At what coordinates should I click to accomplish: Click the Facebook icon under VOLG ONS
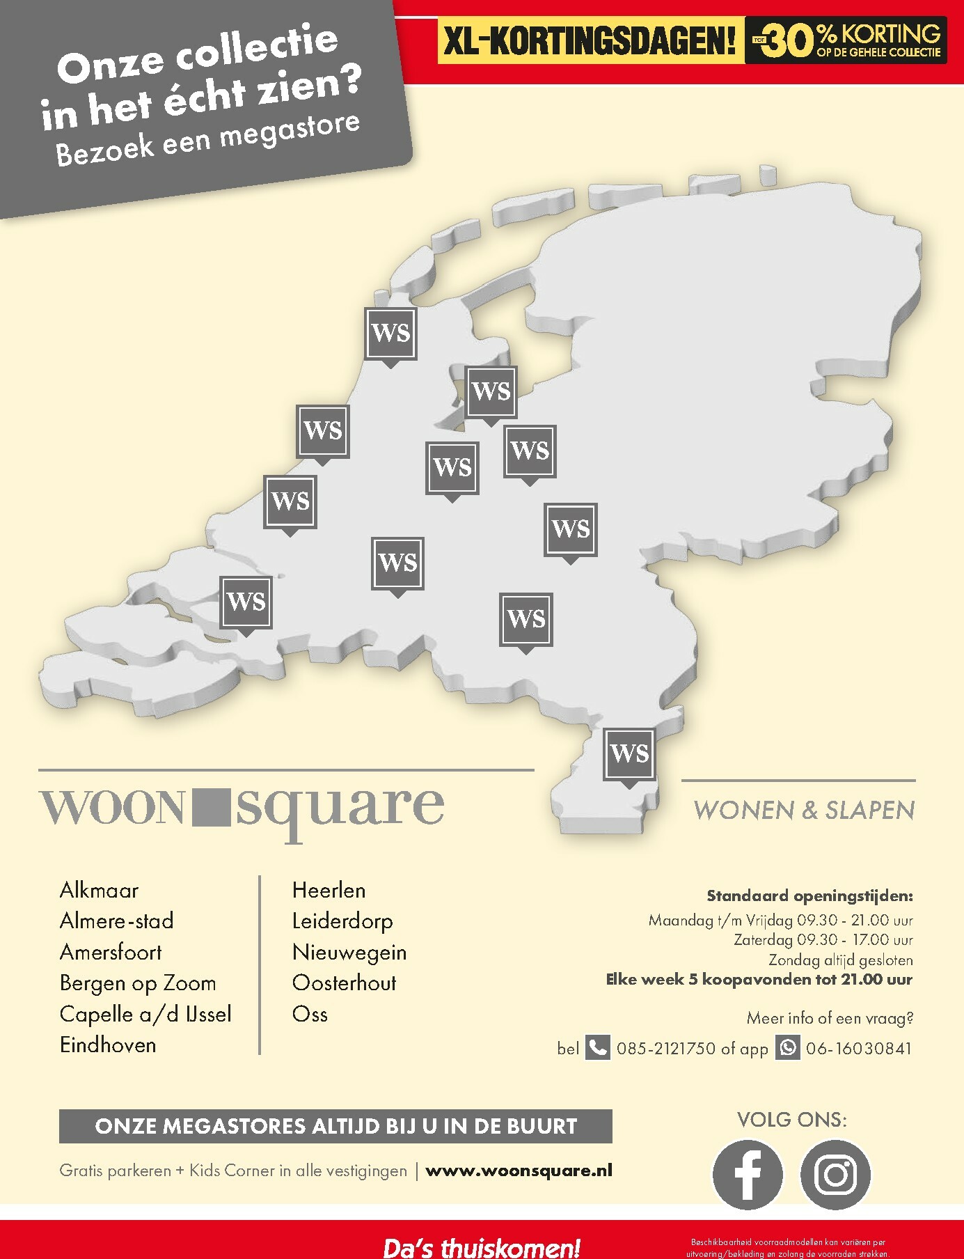(x=748, y=1174)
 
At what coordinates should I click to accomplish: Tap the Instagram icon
(x=835, y=1174)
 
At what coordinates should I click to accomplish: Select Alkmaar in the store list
(x=99, y=890)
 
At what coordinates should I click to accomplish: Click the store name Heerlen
(x=329, y=890)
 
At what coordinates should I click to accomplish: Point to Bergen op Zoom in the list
(x=138, y=983)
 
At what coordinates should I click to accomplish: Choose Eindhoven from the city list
(x=108, y=1045)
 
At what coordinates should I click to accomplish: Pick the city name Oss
(x=310, y=1014)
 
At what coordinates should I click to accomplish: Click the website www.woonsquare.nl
(x=519, y=1171)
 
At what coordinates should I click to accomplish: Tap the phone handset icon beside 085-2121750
(x=597, y=1047)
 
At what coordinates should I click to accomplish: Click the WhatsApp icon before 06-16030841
(x=788, y=1047)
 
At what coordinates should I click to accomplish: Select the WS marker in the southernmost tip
(x=630, y=754)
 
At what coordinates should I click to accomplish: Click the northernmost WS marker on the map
(x=391, y=334)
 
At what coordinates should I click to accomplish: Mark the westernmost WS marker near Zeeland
(x=246, y=602)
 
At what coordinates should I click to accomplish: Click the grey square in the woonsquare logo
(x=209, y=806)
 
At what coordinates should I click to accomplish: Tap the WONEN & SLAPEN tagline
(x=804, y=810)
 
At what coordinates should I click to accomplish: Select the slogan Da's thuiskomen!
(x=482, y=1246)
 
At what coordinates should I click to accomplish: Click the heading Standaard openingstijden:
(x=809, y=896)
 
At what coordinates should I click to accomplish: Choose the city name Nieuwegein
(x=349, y=952)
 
